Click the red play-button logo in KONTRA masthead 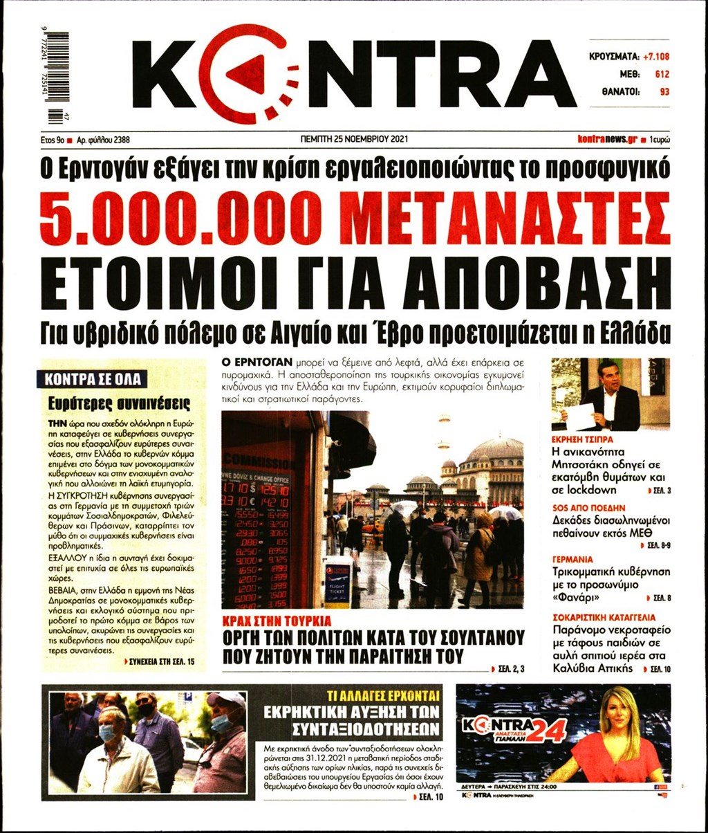click(x=253, y=73)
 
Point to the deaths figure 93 click(x=664, y=90)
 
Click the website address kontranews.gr click(x=606, y=139)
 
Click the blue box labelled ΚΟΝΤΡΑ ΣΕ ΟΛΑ click(x=92, y=379)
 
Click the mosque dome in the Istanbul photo click(x=495, y=450)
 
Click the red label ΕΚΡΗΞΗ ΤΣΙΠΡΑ click(x=582, y=439)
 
